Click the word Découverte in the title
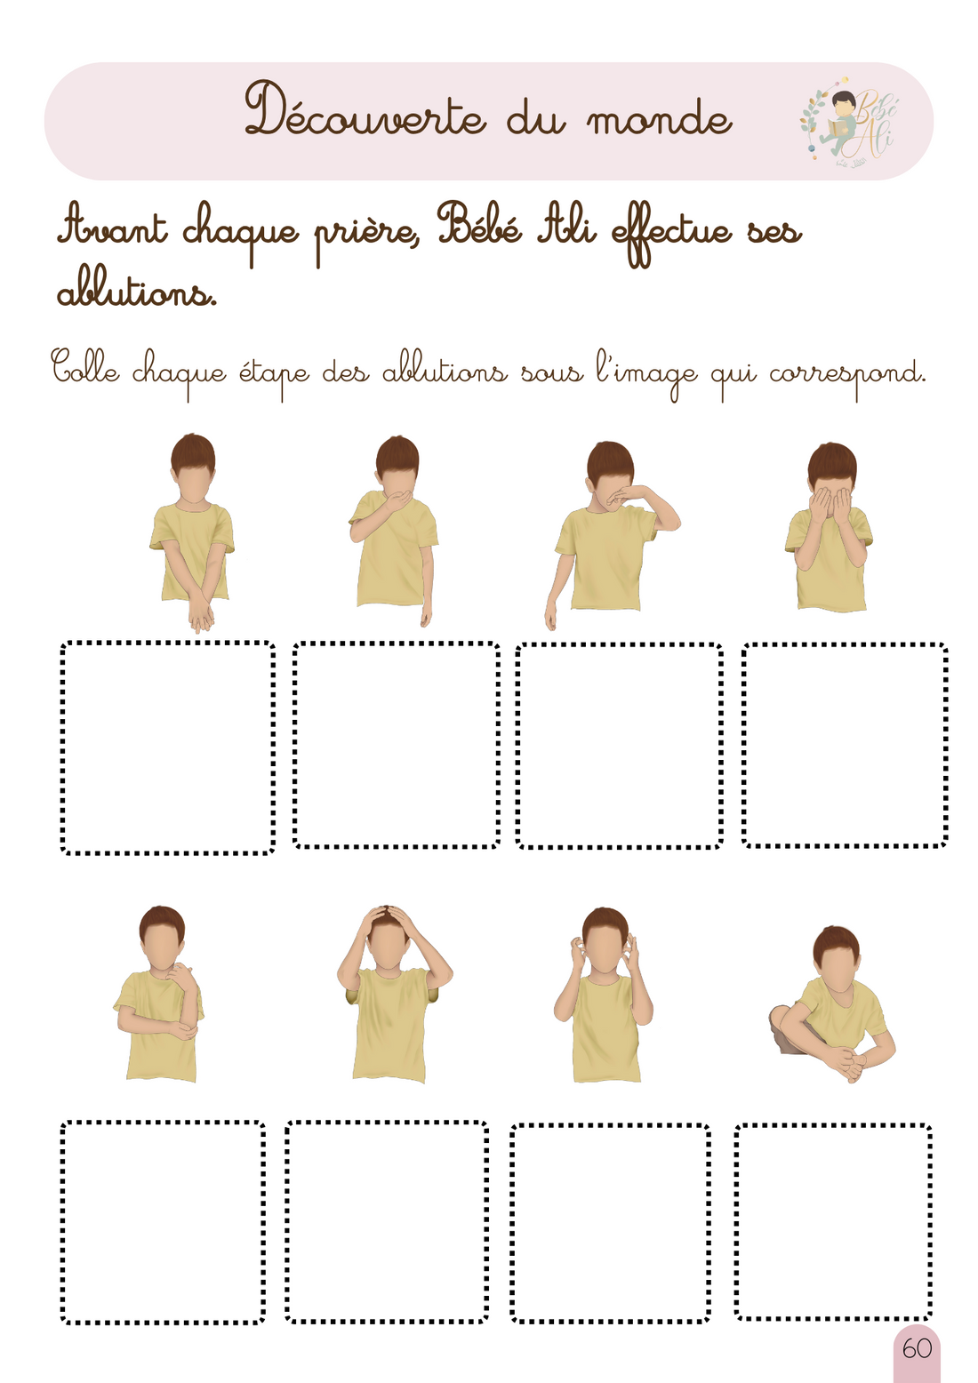click(x=365, y=112)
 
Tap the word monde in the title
click(x=659, y=119)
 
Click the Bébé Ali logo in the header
click(x=849, y=123)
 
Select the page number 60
click(x=917, y=1349)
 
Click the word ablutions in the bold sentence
click(x=136, y=292)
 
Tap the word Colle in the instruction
click(x=84, y=368)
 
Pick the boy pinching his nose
click(x=609, y=533)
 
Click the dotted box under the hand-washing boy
click(x=167, y=747)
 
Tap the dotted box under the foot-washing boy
click(x=833, y=1221)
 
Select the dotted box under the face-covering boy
click(x=845, y=745)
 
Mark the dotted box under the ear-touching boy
click(x=610, y=1223)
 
